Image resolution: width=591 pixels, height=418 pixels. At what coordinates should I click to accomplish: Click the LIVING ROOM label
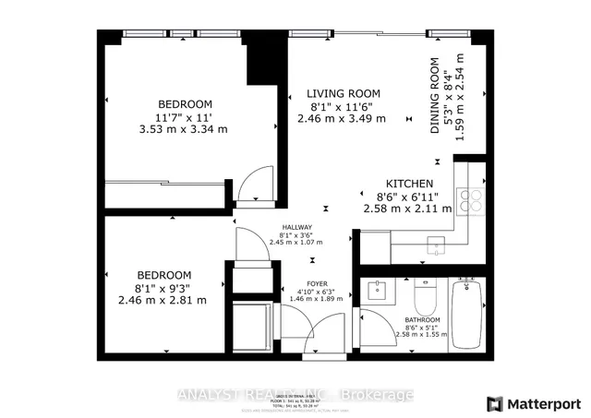[x=344, y=93]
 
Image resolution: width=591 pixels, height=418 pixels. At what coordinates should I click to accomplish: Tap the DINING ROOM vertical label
[x=434, y=97]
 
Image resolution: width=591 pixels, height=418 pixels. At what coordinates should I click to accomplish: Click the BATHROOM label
[x=420, y=321]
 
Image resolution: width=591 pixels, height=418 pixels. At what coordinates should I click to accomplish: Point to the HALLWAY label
[x=297, y=228]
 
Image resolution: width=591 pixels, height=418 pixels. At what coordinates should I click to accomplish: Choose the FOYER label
[x=317, y=285]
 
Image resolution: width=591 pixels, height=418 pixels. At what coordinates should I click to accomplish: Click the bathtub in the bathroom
[x=466, y=314]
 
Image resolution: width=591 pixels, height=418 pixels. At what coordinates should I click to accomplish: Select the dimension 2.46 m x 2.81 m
[x=164, y=301]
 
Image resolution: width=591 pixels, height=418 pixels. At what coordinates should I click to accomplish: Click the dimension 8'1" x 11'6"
[x=344, y=107]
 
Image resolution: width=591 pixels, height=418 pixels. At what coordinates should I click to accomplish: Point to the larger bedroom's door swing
[x=252, y=185]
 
